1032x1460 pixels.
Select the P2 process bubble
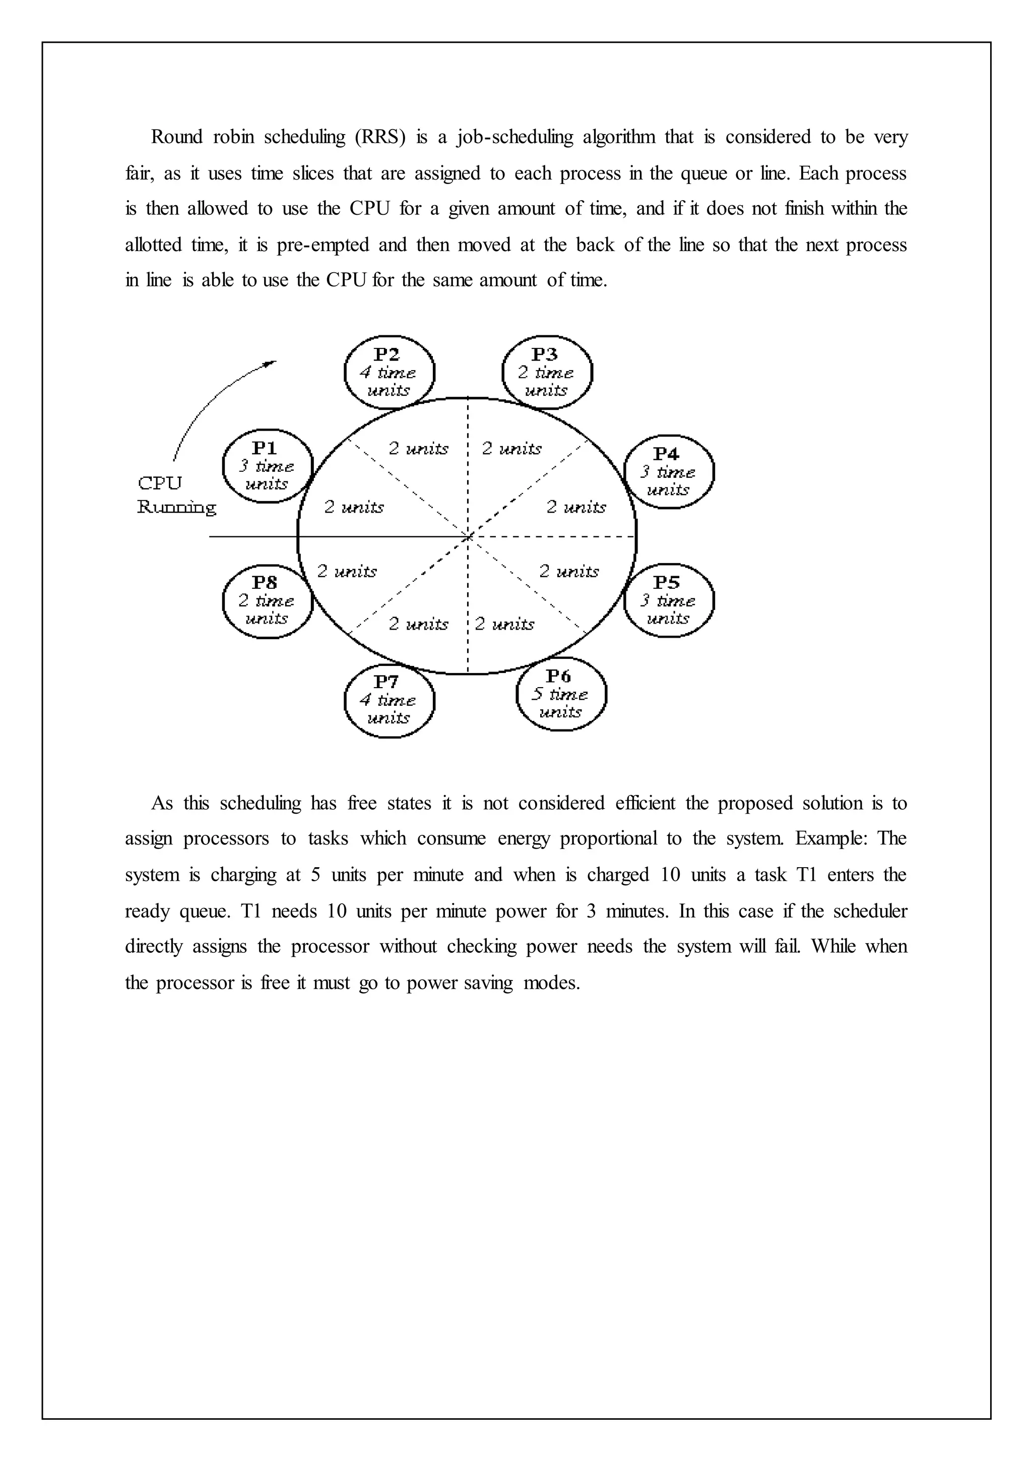click(389, 373)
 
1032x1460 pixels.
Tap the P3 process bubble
click(547, 373)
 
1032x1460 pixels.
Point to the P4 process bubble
click(669, 472)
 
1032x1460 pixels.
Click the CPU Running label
click(176, 496)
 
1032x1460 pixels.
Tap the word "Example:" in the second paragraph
click(831, 839)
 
